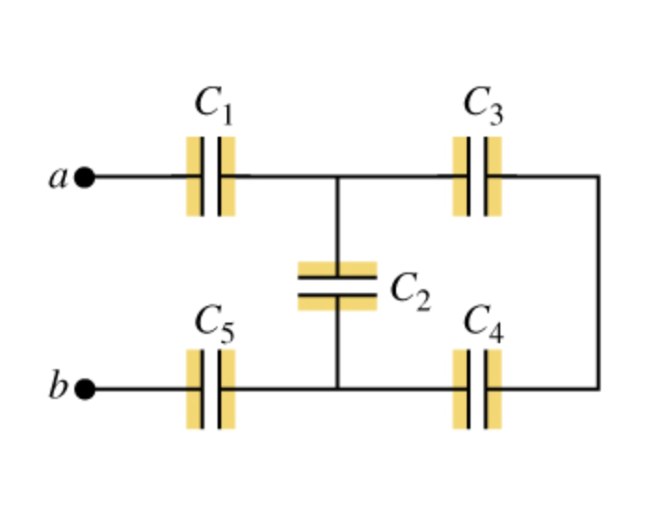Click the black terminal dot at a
85,177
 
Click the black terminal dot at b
85,390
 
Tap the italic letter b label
58,386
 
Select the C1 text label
213,104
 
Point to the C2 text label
409,290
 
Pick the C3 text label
483,104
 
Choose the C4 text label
483,322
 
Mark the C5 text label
214,322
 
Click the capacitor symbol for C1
211,177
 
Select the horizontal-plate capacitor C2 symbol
338,285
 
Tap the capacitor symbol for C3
478,177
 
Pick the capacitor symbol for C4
478,390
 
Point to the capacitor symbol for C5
211,390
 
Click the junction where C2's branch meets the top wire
338,177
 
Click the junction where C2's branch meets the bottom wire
338,390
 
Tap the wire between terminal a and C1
139,177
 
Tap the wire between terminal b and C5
139,390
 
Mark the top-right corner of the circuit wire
597,177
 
